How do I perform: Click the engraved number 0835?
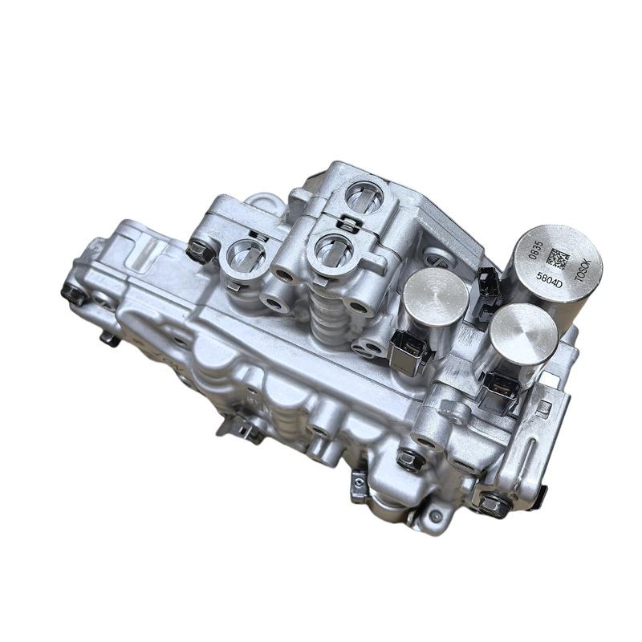[537, 250]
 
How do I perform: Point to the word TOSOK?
[583, 270]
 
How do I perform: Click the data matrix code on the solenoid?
[559, 258]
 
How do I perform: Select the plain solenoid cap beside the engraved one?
[436, 297]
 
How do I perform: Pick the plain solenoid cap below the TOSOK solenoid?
[523, 334]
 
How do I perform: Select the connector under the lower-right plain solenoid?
[498, 392]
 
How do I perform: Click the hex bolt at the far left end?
[75, 293]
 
